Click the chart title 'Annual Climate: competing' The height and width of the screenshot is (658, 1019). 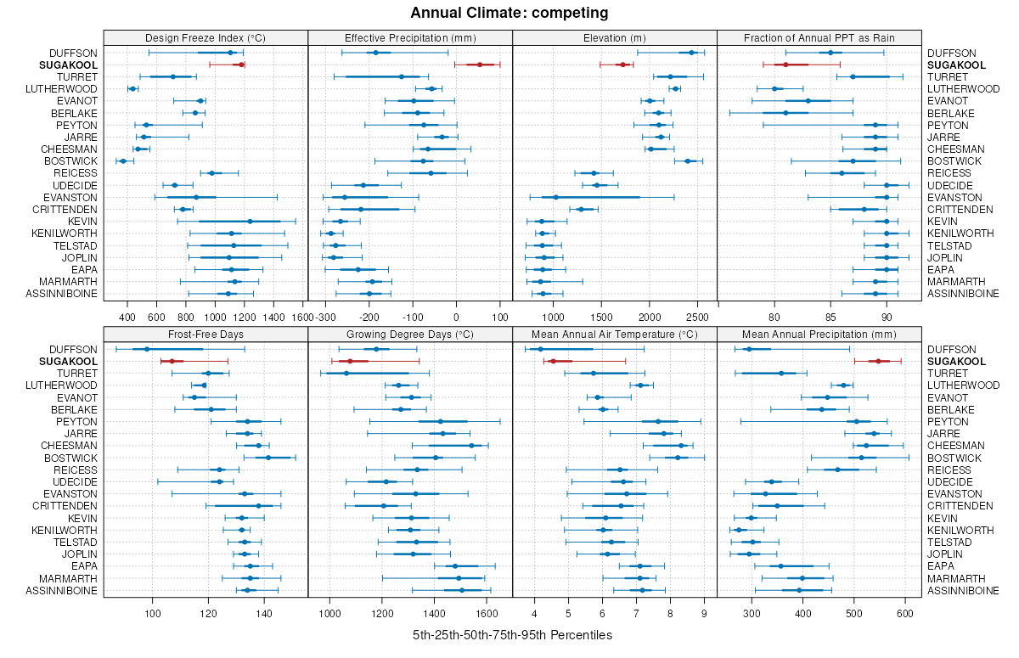pos(509,13)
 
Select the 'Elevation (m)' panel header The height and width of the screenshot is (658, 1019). pos(615,37)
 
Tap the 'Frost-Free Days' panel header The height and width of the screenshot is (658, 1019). pos(205,334)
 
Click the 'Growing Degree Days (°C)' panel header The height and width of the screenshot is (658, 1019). pos(410,334)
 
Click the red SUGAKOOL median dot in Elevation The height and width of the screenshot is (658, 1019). pos(622,65)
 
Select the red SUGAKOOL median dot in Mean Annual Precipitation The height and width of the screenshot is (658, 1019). pos(879,361)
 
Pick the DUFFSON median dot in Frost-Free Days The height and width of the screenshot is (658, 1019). pos(146,349)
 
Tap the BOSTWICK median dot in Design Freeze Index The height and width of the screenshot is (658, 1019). pos(123,160)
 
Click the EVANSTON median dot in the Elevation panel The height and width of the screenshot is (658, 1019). pos(555,197)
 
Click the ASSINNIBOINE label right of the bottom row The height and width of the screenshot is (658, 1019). pos(963,590)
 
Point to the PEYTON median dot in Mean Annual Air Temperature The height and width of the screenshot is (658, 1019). pos(657,421)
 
